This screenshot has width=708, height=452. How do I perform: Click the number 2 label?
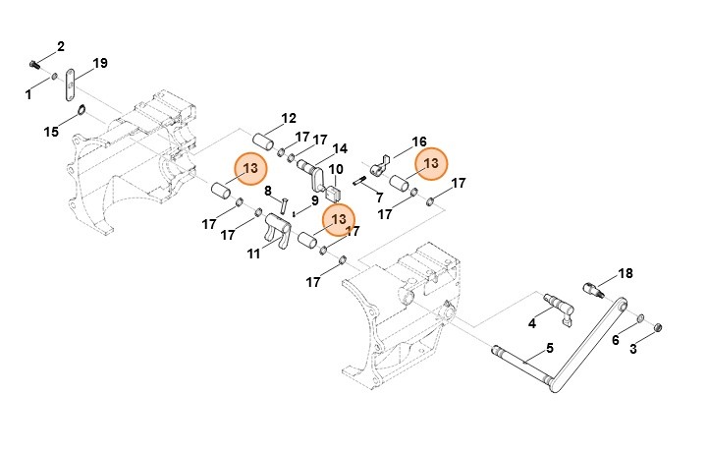(61, 46)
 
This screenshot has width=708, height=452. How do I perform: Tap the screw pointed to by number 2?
(33, 65)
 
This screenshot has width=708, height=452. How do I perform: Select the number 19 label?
(100, 63)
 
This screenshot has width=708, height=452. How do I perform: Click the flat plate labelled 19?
(69, 85)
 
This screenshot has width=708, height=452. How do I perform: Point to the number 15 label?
(51, 132)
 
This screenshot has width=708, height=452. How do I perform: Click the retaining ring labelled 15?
(82, 110)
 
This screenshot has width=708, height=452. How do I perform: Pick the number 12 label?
(289, 119)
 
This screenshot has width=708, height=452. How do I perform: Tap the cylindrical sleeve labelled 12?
(263, 141)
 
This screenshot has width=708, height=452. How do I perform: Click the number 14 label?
(340, 148)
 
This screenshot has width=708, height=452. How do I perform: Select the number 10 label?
(336, 170)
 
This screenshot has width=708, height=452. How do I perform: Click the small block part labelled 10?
(333, 195)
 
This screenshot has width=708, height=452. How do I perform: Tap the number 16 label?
(419, 141)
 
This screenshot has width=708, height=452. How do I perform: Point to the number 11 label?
(253, 254)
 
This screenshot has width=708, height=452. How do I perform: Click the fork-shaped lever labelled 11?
(277, 230)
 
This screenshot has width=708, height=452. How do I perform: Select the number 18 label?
(626, 273)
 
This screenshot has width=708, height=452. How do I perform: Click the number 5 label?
(550, 348)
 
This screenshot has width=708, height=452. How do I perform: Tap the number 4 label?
(532, 323)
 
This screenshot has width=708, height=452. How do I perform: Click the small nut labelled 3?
(658, 327)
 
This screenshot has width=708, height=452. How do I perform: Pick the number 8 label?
(268, 191)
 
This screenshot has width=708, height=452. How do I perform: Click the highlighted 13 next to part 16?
(431, 163)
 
